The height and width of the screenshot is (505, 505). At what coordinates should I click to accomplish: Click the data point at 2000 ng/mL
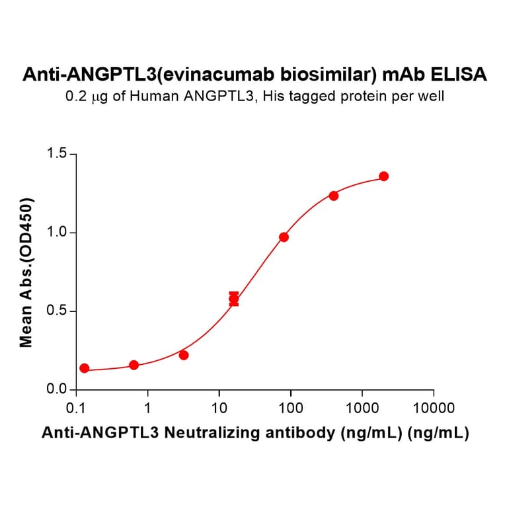coord(384,176)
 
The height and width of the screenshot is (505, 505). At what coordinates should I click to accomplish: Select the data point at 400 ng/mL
coord(334,196)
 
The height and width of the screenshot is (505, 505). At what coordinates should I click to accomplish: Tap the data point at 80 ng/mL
coord(284,237)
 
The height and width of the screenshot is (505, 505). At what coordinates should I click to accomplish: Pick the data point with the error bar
coord(234,299)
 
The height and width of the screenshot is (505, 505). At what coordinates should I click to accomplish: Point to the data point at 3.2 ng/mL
coord(184,355)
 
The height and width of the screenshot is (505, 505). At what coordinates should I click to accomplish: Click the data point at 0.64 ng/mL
coord(134,365)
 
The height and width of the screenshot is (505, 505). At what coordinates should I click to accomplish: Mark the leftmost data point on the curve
coord(84,368)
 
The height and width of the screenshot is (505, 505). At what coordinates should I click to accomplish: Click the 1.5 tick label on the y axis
coord(58,154)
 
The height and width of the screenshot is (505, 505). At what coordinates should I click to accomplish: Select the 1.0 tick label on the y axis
coord(58,233)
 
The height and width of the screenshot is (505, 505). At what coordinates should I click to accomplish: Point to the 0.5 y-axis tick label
coord(58,311)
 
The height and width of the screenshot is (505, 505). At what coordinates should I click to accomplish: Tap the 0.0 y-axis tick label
coord(58,390)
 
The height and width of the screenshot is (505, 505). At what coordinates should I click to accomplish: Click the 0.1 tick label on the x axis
coord(76,407)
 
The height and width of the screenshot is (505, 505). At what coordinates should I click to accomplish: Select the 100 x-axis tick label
coord(290,407)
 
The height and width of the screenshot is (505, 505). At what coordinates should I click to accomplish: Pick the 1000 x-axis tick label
coord(362,407)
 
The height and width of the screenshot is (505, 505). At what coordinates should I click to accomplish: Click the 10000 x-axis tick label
coord(433,407)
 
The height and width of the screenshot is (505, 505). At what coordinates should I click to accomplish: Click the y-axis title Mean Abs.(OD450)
coord(26,272)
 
